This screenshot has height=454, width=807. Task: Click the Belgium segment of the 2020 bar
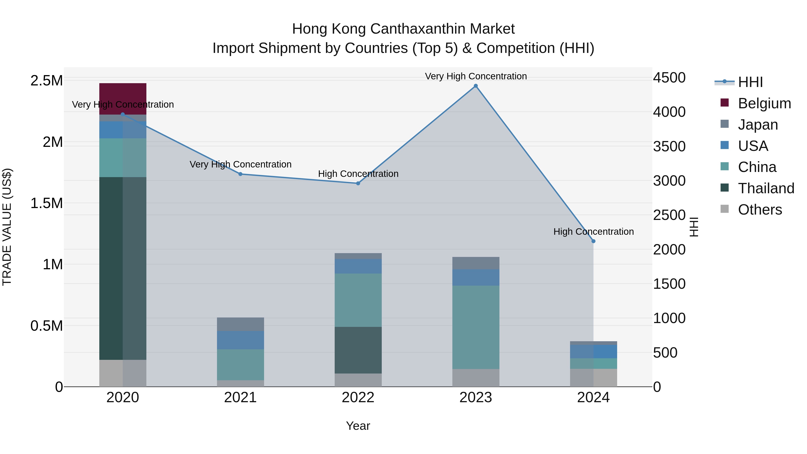pyautogui.click(x=123, y=94)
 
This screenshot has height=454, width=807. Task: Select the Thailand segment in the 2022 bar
pyautogui.click(x=358, y=350)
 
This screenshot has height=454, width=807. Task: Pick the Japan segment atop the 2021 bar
pyautogui.click(x=240, y=324)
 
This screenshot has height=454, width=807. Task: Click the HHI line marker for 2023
pyautogui.click(x=475, y=86)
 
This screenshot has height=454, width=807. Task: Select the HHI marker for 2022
pyautogui.click(x=358, y=183)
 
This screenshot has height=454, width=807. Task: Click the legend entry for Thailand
pyautogui.click(x=766, y=188)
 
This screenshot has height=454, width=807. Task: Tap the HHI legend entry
pyautogui.click(x=750, y=82)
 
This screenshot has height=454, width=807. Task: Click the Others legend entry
pyautogui.click(x=759, y=210)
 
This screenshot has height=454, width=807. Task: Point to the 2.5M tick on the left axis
pyautogui.click(x=46, y=80)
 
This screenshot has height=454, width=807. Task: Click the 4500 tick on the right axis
pyautogui.click(x=669, y=78)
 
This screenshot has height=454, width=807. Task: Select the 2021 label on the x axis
pyautogui.click(x=240, y=398)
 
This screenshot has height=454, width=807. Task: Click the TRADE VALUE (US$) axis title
pyautogui.click(x=7, y=227)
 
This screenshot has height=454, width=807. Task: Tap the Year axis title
pyautogui.click(x=358, y=426)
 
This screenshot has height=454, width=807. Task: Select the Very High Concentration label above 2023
pyautogui.click(x=475, y=76)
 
